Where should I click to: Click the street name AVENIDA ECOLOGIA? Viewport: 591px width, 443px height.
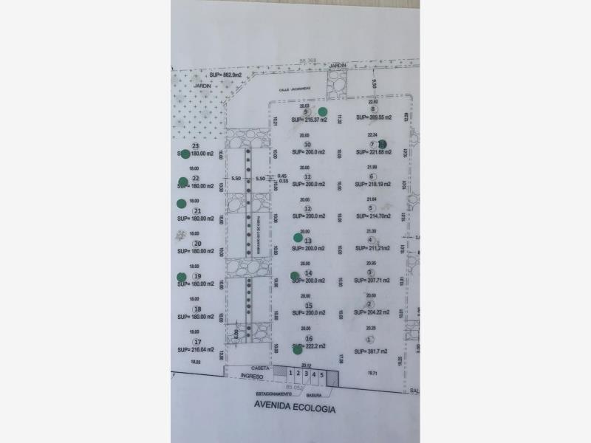point(295,408)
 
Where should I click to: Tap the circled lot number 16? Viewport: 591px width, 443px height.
point(309,339)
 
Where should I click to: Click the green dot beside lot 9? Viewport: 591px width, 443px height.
point(323,112)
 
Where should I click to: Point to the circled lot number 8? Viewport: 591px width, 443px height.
point(373,109)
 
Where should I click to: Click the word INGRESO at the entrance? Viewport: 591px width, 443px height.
point(254,376)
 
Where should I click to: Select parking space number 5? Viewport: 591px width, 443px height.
point(321,375)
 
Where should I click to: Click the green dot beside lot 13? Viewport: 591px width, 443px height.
point(298,237)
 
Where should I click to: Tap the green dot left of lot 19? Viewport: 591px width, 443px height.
point(182,277)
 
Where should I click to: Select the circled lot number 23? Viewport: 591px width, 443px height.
point(195,146)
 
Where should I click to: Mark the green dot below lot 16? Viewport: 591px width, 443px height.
point(298,349)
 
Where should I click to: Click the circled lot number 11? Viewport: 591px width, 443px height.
point(307,177)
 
